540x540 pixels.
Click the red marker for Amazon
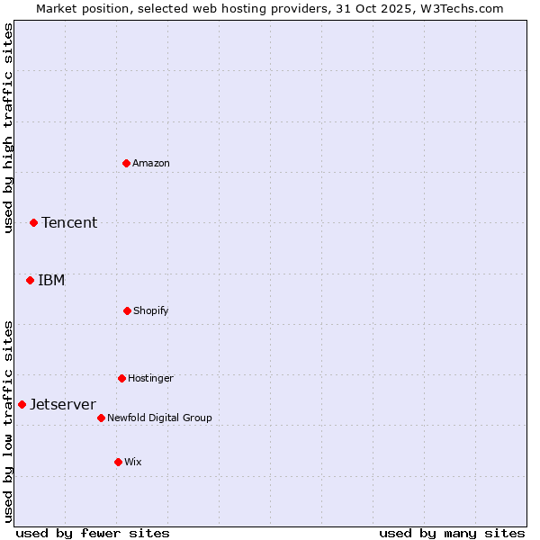coord(127,163)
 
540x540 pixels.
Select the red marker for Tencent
coord(33,222)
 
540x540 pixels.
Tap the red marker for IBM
coord(30,280)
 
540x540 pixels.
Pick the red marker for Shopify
coord(127,310)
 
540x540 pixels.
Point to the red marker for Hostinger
coord(121,378)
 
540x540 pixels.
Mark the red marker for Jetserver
coord(22,404)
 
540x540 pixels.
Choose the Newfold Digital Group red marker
coord(101,418)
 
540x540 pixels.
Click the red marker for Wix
coord(118,462)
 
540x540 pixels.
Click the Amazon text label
coord(151,163)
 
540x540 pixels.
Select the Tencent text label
coord(69,222)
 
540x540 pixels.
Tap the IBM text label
coord(51,280)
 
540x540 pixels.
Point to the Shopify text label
coord(151,310)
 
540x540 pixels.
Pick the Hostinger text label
coord(150,378)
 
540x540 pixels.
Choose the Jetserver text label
coord(63,404)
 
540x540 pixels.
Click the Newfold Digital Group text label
coord(159,418)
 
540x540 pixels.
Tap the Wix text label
coord(133,462)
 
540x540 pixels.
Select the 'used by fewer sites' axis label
coord(93,533)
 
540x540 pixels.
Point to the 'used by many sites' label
coord(452,533)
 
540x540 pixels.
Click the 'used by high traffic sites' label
coord(8,129)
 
